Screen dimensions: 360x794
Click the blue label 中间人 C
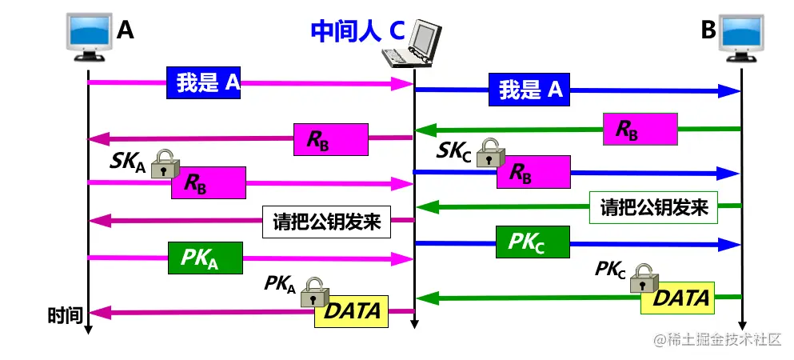[357, 30]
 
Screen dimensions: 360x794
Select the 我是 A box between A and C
[204, 82]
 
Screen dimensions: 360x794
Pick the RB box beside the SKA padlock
[208, 183]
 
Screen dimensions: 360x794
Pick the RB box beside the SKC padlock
[533, 172]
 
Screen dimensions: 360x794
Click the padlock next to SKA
[163, 164]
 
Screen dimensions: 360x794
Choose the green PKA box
[205, 257]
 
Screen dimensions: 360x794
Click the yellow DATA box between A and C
[352, 310]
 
